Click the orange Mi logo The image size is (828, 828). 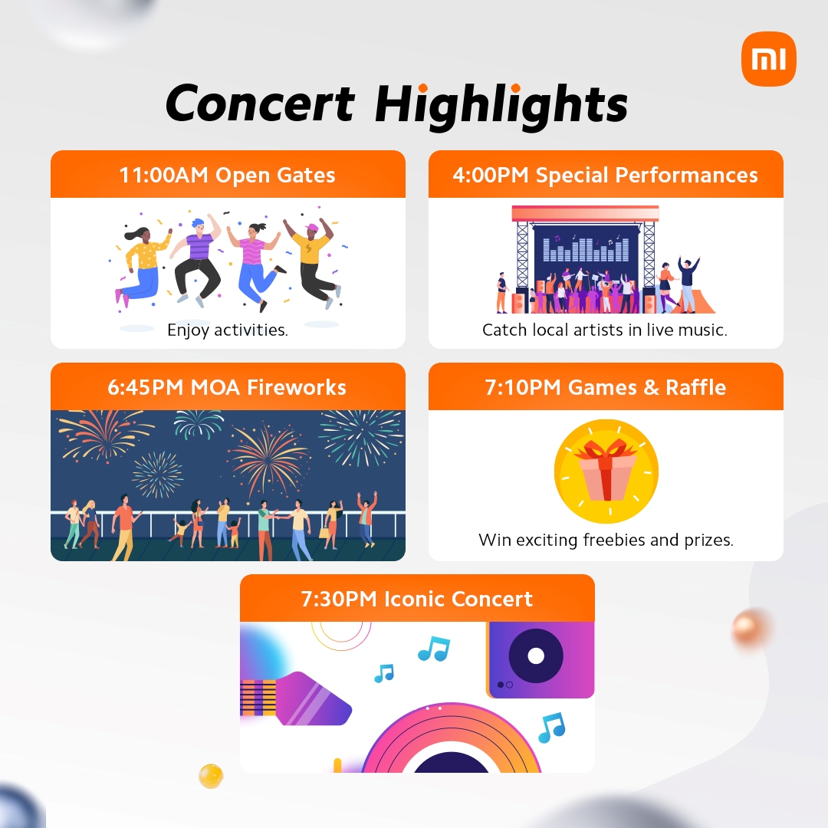point(768,58)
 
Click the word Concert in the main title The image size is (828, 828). point(260,103)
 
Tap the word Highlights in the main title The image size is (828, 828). point(501,106)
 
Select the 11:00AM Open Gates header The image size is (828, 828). point(228,174)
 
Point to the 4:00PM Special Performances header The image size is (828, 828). point(606,174)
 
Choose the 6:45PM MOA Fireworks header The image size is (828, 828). point(228,386)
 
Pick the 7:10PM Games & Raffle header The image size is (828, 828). point(606,386)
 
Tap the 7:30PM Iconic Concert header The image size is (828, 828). point(417,598)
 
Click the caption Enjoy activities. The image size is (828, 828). point(228,330)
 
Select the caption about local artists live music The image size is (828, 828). point(605,330)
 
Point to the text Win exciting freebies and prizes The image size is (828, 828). point(606,540)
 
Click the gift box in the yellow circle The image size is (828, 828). point(606,470)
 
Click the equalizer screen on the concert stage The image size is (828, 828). point(586,248)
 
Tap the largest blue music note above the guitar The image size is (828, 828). point(434,649)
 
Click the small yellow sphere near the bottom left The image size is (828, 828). point(211,776)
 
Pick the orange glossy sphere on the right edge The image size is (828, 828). point(750,627)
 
